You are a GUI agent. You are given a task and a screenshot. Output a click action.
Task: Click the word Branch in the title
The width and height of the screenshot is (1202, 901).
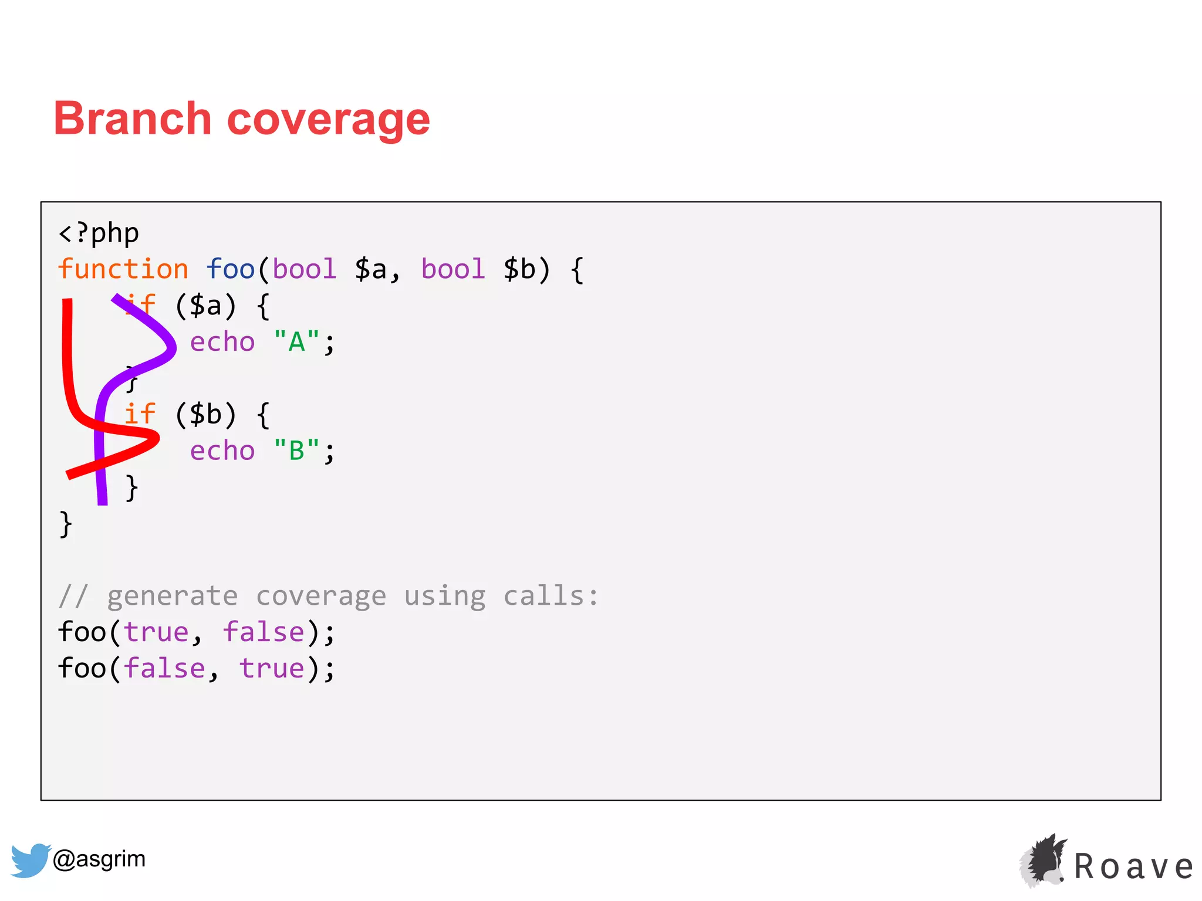(132, 118)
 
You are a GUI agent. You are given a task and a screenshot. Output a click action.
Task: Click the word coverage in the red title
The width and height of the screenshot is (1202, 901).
(329, 120)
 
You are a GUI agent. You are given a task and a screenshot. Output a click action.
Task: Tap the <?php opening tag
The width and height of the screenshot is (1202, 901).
(99, 233)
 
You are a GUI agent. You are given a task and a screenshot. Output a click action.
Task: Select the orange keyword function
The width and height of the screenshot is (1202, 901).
(123, 269)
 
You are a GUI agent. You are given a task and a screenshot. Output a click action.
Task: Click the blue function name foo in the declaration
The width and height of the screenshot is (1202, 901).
(230, 269)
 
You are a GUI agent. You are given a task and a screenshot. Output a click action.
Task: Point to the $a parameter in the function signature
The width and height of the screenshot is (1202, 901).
(370, 269)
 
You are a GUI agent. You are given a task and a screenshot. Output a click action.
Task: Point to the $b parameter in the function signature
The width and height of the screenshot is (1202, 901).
(519, 269)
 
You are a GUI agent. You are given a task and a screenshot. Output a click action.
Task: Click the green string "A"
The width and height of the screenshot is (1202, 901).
(296, 342)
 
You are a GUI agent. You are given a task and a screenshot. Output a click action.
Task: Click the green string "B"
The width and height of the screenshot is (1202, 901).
(296, 451)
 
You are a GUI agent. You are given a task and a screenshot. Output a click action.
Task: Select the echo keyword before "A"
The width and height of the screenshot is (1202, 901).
(222, 342)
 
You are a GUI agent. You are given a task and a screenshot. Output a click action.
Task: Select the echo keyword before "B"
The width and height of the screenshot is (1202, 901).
(222, 451)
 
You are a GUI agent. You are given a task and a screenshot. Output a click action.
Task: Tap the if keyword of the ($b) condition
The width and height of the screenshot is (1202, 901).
(140, 414)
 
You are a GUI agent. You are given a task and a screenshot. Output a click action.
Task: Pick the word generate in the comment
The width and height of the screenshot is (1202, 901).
(173, 596)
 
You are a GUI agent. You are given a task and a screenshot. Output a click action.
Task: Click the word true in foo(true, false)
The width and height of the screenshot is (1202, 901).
(156, 632)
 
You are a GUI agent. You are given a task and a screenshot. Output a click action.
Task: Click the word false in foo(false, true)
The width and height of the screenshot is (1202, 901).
(164, 669)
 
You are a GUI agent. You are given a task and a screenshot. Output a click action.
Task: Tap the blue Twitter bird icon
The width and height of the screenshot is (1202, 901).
(30, 860)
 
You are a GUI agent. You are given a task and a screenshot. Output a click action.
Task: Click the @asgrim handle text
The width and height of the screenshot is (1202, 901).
(99, 859)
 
